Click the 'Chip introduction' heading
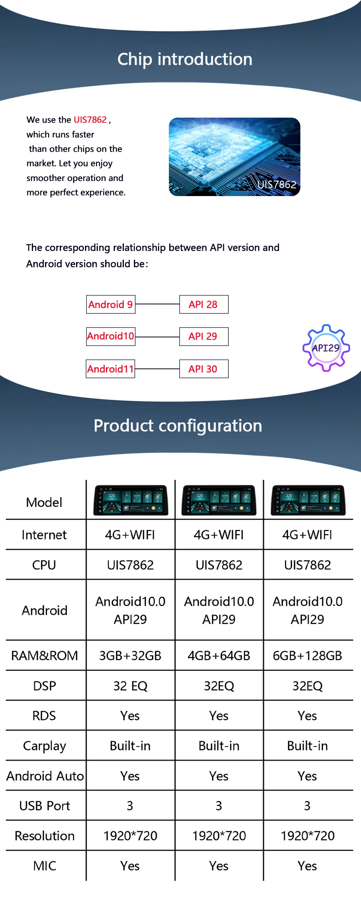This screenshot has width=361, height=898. pyautogui.click(x=185, y=59)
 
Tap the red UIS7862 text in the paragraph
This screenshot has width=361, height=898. pyautogui.click(x=90, y=120)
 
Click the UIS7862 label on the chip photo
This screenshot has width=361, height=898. pyautogui.click(x=277, y=184)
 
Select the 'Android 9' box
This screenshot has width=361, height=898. pyautogui.click(x=111, y=304)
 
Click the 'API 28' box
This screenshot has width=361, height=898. pyautogui.click(x=203, y=304)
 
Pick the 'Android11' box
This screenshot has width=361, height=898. pyautogui.click(x=111, y=369)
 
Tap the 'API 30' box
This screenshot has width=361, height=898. pyautogui.click(x=203, y=369)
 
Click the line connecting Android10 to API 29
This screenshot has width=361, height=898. pyautogui.click(x=157, y=337)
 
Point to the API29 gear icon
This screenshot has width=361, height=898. pyautogui.click(x=326, y=348)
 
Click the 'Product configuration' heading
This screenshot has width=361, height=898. pyautogui.click(x=178, y=426)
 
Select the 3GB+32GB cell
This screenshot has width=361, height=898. pyautogui.click(x=130, y=656)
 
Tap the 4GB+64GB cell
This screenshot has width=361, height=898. pyautogui.click(x=219, y=656)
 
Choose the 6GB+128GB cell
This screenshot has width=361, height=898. pyautogui.click(x=307, y=656)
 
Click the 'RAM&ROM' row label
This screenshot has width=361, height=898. pyautogui.click(x=45, y=656)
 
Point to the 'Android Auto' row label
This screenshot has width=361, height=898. pyautogui.click(x=45, y=776)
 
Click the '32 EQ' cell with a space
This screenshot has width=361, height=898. pyautogui.click(x=130, y=686)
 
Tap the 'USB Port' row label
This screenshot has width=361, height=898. pyautogui.click(x=45, y=806)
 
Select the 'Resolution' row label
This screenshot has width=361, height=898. pyautogui.click(x=45, y=836)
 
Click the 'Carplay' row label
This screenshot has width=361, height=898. pyautogui.click(x=45, y=746)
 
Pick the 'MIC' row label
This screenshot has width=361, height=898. pyautogui.click(x=45, y=866)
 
